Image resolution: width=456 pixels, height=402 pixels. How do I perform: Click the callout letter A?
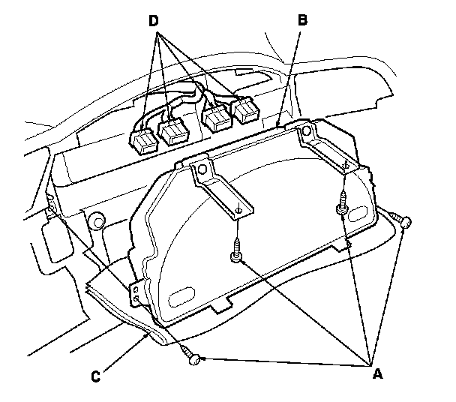tap(377, 373)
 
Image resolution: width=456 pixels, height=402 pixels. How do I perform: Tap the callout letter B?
tap(302, 20)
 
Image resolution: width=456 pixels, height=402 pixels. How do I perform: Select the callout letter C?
tap(96, 376)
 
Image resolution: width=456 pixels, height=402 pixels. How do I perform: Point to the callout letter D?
tap(154, 21)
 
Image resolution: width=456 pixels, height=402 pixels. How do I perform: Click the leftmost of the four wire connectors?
tap(144, 142)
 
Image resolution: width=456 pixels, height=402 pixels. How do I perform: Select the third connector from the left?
tap(218, 118)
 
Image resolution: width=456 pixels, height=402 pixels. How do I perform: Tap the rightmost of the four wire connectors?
tap(246, 110)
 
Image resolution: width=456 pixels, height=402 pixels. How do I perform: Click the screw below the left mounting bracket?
tap(236, 250)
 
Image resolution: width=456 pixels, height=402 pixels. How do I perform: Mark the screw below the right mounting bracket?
tap(343, 203)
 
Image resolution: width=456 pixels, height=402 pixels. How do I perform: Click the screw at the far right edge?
tap(401, 220)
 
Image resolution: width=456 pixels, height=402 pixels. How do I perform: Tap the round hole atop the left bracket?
tap(202, 169)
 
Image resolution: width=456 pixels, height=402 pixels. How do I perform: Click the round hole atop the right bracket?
tap(306, 131)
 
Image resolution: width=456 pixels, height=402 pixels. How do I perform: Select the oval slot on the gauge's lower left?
tap(181, 296)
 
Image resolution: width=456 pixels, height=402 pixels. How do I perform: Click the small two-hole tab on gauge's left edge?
tap(136, 293)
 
